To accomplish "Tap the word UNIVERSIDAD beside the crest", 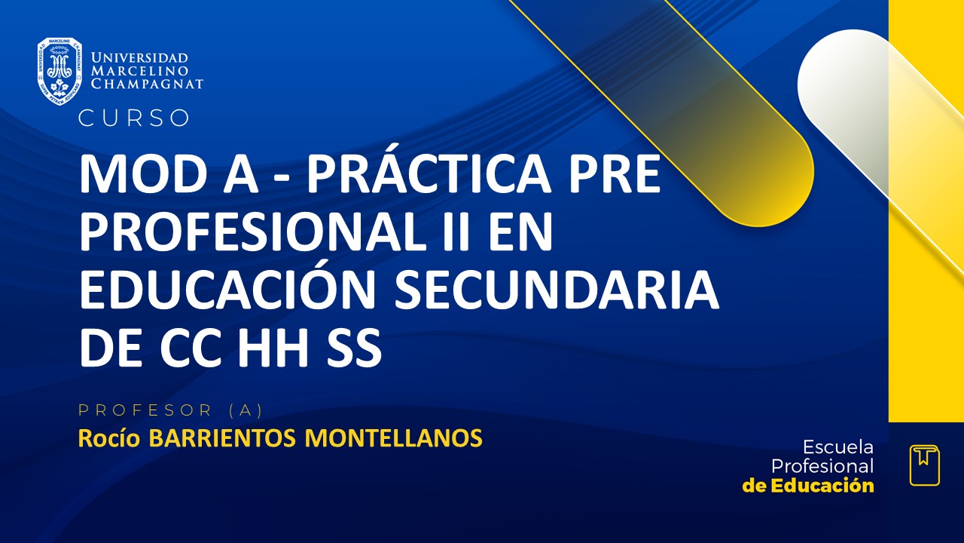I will [139, 58].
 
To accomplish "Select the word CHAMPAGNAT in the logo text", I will [147, 84].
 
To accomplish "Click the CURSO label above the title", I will [134, 118].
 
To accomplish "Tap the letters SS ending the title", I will [355, 350].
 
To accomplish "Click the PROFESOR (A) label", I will [170, 410].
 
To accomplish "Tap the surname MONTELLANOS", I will [393, 437].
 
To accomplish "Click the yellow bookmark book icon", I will [924, 465].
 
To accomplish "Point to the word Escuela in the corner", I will [838, 446].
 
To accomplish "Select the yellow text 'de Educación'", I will [808, 486].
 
